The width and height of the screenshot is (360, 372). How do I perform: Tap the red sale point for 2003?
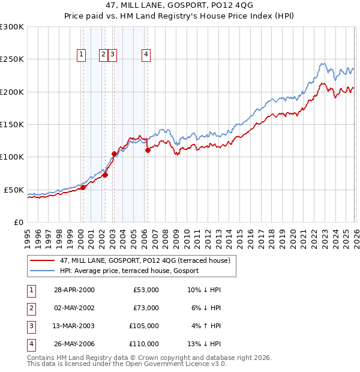click(114, 154)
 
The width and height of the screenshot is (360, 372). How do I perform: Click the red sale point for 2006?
click(148, 151)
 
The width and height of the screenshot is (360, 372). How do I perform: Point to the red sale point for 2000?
click(83, 187)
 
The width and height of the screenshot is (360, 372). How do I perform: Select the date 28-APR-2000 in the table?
click(74, 290)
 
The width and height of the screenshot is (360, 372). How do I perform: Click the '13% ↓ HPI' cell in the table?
click(204, 344)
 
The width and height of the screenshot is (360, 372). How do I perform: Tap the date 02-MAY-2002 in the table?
click(74, 308)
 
